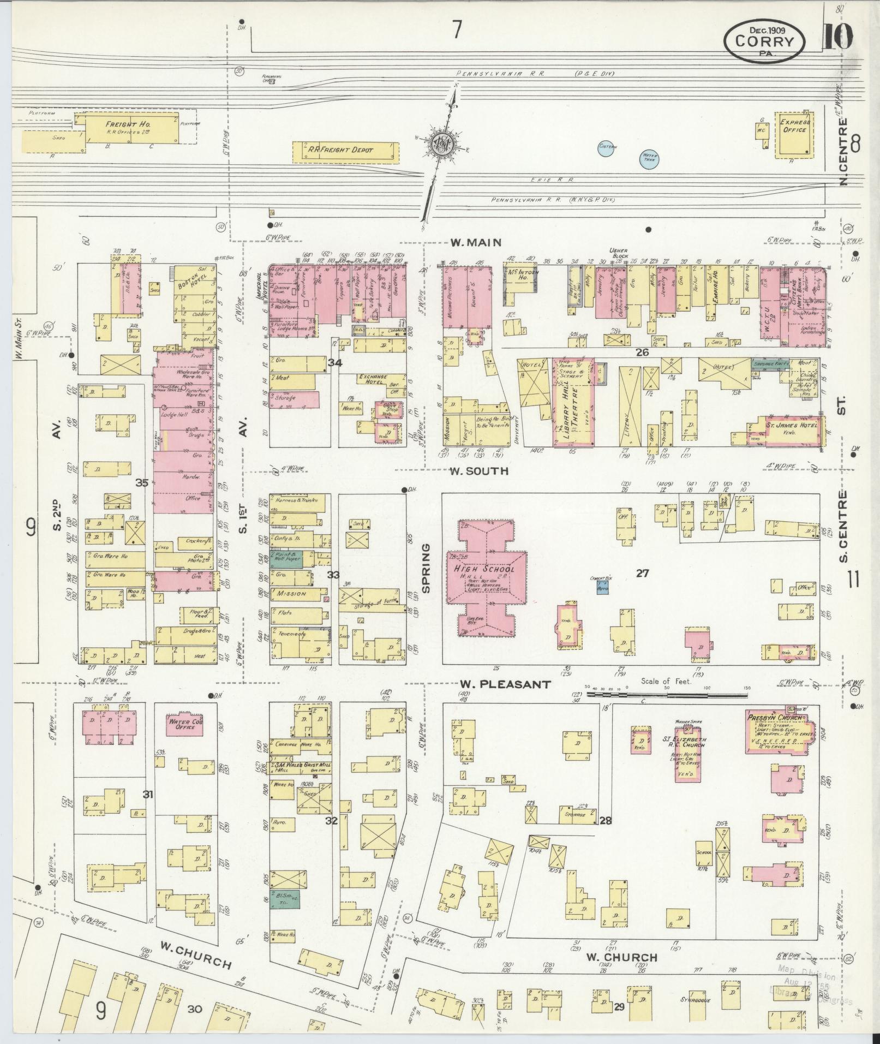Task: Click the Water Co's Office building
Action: pos(184,724)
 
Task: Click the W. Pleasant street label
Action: pos(505,684)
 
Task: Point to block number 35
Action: pos(142,482)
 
